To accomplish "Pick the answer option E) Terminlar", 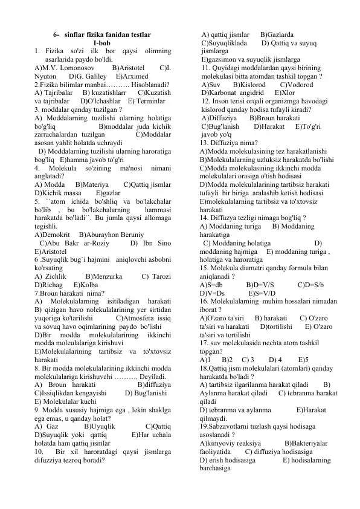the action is (146, 102).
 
